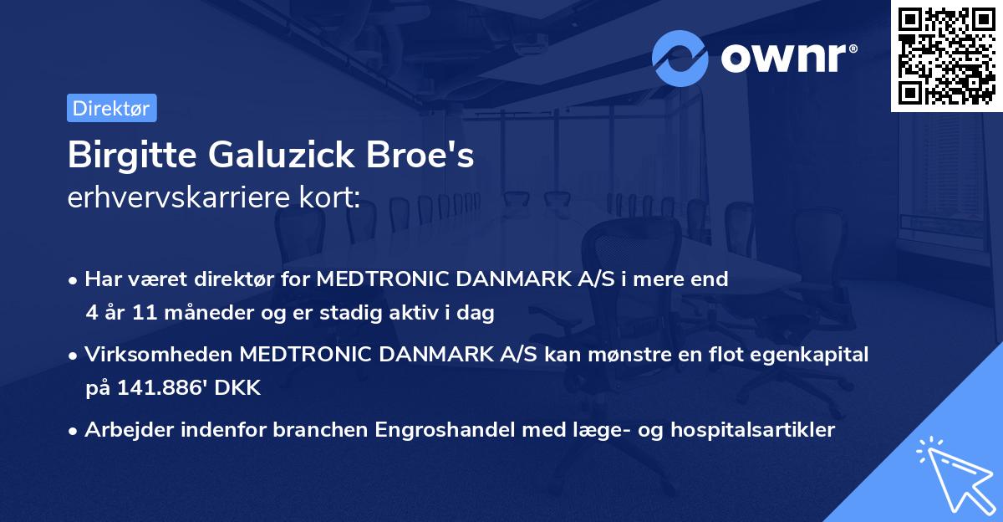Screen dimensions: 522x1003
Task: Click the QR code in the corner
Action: click(x=947, y=56)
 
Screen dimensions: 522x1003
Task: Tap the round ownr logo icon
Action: click(x=680, y=58)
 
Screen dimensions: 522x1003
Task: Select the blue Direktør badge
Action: click(x=111, y=108)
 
